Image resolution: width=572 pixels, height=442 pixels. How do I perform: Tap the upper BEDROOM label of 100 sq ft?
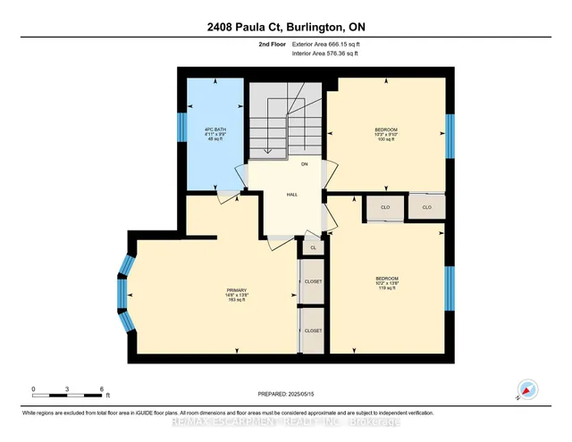click(x=386, y=134)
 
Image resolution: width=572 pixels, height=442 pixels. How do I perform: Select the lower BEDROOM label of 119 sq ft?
click(x=386, y=283)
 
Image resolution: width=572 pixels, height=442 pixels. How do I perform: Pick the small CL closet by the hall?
click(x=313, y=247)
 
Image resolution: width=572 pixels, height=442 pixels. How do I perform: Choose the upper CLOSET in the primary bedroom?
click(x=313, y=281)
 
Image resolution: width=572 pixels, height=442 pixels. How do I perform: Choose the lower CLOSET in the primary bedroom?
click(x=313, y=330)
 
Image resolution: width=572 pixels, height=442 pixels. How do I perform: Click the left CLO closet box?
click(x=383, y=208)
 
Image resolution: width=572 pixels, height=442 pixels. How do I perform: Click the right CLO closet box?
click(x=426, y=207)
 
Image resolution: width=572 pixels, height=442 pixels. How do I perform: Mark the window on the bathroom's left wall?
click(x=182, y=125)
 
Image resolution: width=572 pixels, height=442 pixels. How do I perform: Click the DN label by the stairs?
click(x=304, y=165)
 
